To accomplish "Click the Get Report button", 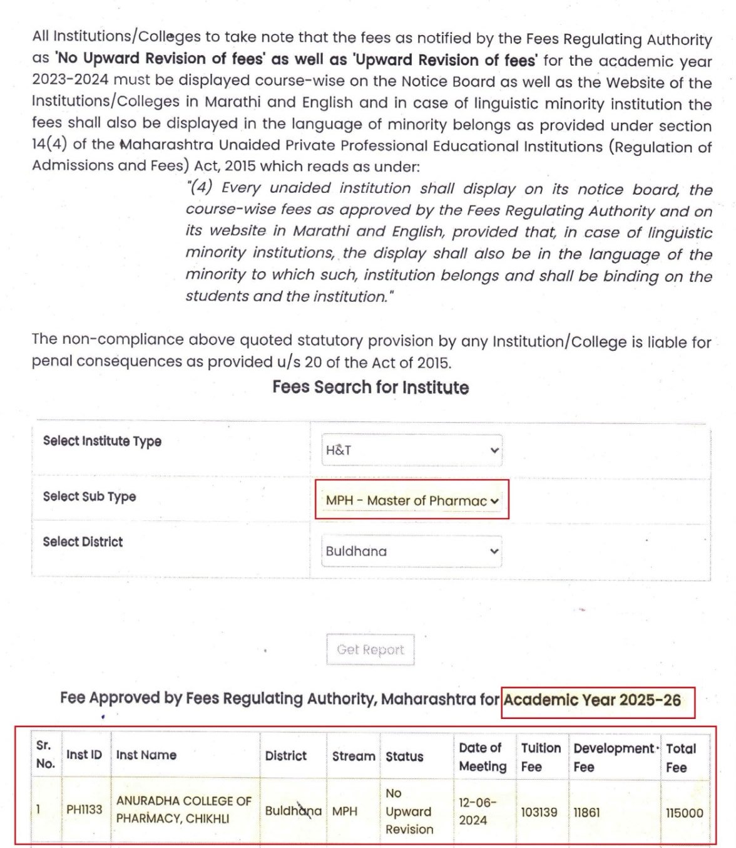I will point(370,649).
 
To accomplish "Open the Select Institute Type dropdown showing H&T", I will point(411,450).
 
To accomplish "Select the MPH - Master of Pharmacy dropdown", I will point(411,500).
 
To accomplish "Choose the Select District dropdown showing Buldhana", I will point(411,551).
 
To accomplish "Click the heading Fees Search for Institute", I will point(371,387).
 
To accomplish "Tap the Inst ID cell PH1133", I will point(84,809).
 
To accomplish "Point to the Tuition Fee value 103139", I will point(539,812).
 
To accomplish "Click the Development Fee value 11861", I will point(586,812).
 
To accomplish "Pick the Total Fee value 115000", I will point(684,812).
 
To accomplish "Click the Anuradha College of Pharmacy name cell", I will point(183,809).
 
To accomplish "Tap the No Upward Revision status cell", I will point(409,811).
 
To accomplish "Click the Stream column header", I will point(353,756).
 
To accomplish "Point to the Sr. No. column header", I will point(45,754).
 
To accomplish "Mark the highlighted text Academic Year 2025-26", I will point(592,700).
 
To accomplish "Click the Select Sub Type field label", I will point(89,496).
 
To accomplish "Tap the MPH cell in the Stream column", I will point(344,811).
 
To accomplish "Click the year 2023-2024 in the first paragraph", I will point(71,80).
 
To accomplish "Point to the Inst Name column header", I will point(146,755).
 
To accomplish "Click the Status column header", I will point(404,757).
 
